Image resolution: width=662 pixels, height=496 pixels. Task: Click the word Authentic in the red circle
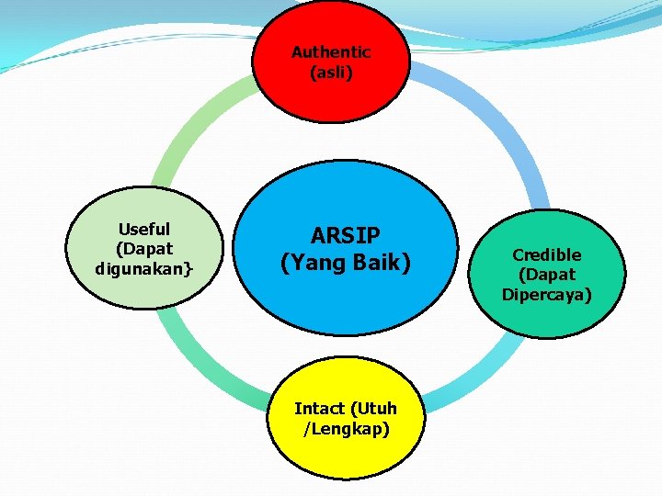point(331,52)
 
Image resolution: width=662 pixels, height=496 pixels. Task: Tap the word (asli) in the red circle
point(331,72)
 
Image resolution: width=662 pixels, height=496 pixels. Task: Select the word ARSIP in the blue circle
point(345,236)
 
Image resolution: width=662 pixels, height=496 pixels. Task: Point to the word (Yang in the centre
point(312,264)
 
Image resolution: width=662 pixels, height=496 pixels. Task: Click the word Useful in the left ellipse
point(144,230)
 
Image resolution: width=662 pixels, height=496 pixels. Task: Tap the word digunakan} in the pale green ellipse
point(144,269)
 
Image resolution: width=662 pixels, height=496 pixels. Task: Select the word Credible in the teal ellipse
point(547,254)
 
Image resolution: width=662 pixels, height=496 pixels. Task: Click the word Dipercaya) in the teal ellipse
point(547,294)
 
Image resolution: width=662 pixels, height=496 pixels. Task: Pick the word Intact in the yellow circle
point(319,409)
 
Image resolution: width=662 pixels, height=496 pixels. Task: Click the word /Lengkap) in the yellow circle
point(345,429)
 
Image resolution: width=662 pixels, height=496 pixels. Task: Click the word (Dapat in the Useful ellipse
point(144,249)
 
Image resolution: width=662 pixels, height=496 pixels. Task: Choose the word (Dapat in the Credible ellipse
point(547,274)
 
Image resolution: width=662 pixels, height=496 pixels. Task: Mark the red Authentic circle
point(331,28)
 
